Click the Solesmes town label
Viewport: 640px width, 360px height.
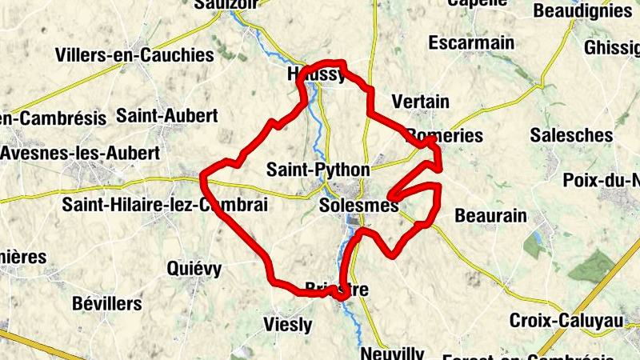358,206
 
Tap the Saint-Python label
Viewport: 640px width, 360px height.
318,170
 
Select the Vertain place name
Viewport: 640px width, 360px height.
420,102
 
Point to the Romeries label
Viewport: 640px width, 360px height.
445,135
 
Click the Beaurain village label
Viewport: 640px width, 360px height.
490,215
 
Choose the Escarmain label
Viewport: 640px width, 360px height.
471,42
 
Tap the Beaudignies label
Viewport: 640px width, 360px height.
582,11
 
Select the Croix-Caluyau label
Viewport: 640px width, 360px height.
566,320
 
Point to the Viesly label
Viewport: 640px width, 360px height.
287,324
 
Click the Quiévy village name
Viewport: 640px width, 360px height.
194,268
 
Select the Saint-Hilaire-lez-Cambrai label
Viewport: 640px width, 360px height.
164,205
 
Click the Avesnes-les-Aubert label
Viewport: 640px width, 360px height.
80,152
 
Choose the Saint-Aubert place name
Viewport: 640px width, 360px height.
166,115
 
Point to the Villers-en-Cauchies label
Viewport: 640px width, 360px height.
134,55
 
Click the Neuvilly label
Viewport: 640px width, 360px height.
392,353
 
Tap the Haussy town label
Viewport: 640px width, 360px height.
316,75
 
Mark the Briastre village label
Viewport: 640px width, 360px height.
336,289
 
